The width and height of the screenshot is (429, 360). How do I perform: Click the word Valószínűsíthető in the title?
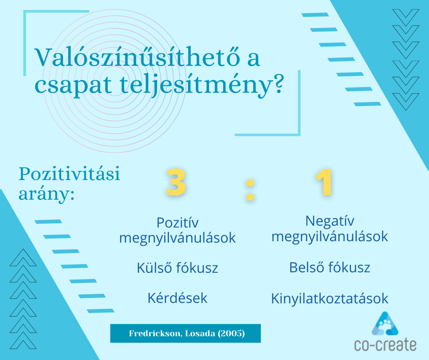[137, 58]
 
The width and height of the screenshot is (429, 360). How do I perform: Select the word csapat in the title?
[73, 85]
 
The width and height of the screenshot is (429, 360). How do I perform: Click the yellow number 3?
[176, 182]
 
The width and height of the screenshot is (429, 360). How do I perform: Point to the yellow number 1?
[324, 182]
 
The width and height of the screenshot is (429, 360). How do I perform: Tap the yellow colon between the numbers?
[250, 190]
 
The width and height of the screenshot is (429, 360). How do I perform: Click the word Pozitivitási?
[69, 174]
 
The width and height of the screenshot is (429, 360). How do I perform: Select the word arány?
[47, 194]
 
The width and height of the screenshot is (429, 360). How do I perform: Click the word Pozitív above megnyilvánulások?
[177, 222]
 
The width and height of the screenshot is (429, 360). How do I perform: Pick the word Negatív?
[330, 221]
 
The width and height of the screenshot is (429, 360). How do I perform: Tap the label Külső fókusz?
[177, 268]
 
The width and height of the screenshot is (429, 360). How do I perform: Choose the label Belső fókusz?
[330, 267]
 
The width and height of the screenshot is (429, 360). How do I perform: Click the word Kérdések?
[177, 298]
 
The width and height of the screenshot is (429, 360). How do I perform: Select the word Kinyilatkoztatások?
[330, 298]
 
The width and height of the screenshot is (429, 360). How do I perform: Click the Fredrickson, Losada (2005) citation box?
[185, 334]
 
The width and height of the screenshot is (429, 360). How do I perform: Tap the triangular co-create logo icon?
[385, 324]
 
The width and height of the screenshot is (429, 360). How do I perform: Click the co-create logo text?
[385, 344]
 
